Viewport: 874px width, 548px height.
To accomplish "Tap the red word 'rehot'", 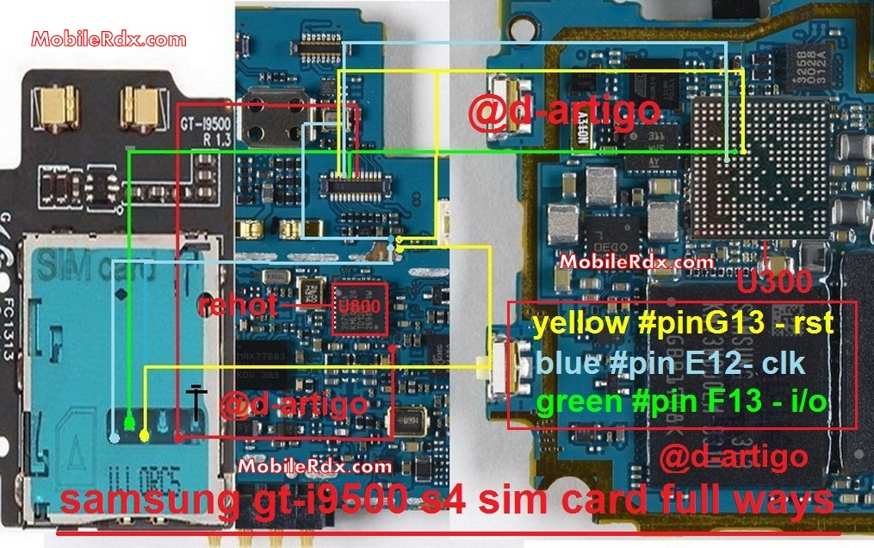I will pyautogui.click(x=237, y=306).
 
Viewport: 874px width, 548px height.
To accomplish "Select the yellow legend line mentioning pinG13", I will pyautogui.click(x=683, y=324).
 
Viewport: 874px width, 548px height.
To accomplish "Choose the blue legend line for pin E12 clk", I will pyautogui.click(x=670, y=363).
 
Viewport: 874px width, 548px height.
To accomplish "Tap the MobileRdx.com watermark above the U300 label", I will pyautogui.click(x=636, y=261).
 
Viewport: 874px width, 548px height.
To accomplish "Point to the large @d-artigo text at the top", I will pyautogui.click(x=565, y=110).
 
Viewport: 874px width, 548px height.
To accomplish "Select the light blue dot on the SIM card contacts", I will pyautogui.click(x=115, y=438).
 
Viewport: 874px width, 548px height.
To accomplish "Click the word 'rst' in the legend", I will pyautogui.click(x=815, y=324).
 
